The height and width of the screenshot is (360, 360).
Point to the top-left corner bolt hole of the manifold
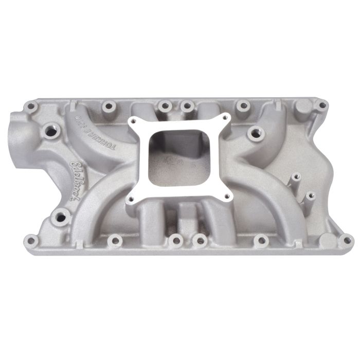31,106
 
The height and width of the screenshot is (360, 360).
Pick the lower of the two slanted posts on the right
310,197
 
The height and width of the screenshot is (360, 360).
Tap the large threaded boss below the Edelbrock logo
60,217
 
